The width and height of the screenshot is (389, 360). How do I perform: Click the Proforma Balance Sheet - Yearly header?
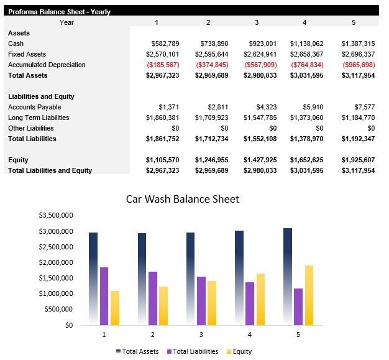(x=59, y=11)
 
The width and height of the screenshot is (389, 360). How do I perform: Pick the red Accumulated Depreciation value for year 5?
(x=357, y=65)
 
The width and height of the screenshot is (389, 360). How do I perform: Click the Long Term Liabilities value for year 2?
(x=211, y=118)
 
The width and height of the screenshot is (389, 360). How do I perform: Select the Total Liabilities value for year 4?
(x=306, y=139)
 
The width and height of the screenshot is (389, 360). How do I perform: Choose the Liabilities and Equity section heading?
(x=41, y=96)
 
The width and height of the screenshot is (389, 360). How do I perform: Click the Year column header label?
(x=66, y=22)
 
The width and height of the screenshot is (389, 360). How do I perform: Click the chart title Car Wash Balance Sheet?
(x=182, y=199)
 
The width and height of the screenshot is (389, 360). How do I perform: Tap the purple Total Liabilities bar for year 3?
(x=201, y=300)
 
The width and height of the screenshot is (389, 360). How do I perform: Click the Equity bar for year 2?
(x=163, y=305)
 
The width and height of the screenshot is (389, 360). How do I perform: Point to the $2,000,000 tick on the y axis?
(x=57, y=262)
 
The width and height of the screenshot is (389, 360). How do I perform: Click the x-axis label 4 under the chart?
(x=249, y=334)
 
